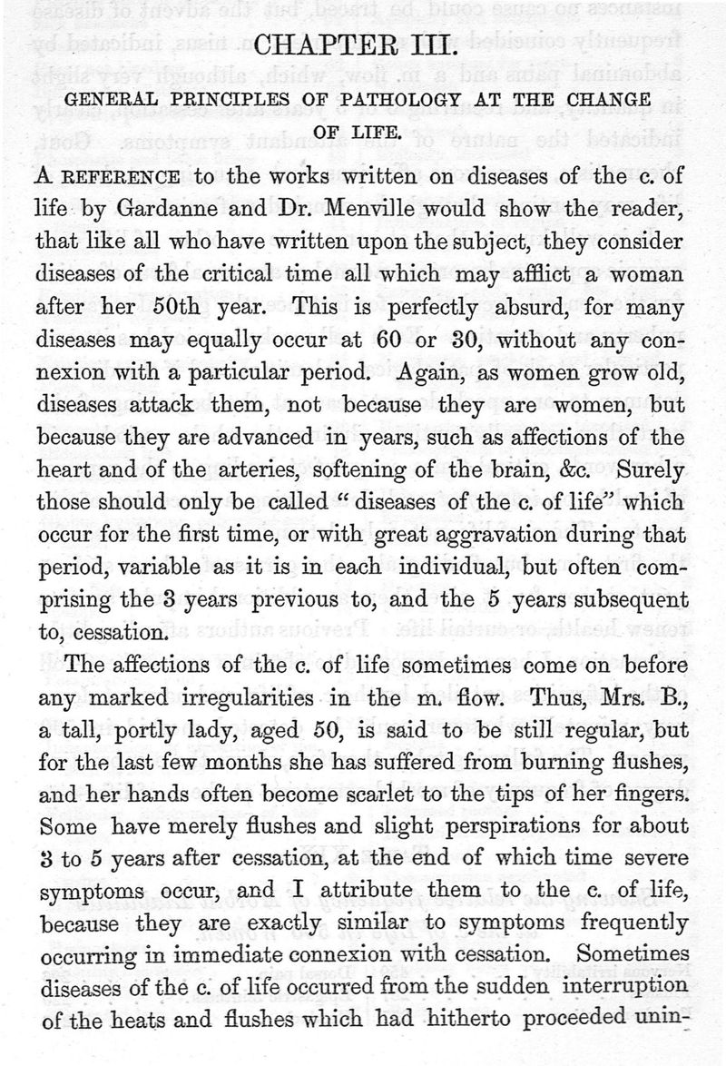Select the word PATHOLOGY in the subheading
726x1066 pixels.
pos(396,99)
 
